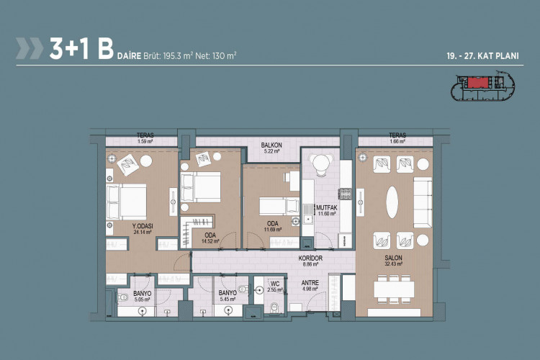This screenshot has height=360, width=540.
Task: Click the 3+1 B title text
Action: [81, 49]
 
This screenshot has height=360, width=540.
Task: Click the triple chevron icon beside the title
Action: [29, 49]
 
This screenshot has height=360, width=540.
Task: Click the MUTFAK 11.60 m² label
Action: [328, 210]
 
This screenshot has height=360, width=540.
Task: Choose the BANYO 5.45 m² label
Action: [228, 295]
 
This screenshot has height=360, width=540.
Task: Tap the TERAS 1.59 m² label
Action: [145, 138]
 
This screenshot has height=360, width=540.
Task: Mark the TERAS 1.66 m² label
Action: [397, 138]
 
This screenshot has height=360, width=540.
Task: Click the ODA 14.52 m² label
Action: [210, 237]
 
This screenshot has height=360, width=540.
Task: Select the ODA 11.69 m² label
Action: [273, 226]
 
